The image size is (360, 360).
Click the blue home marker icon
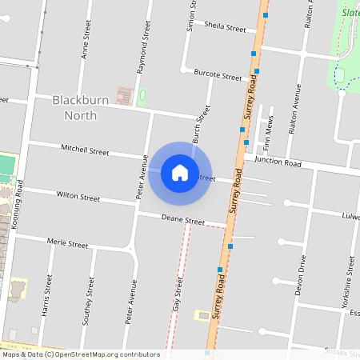pos(180,172)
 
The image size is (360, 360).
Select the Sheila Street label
pos(225,28)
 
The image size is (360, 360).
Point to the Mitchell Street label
pos(86,150)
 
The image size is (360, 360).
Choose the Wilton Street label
pos(78,196)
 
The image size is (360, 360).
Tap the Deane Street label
pos(183,220)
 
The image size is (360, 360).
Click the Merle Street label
pos(67,243)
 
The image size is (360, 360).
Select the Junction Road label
pos(277,162)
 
